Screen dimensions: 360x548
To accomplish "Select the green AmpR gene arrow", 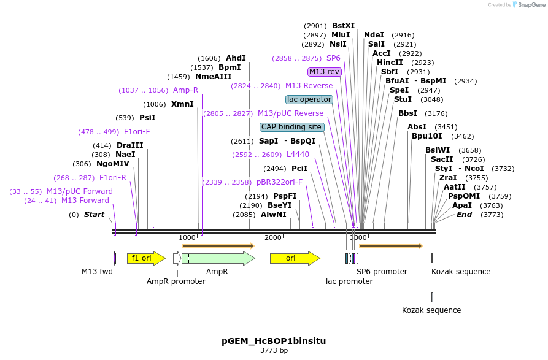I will pyautogui.click(x=218, y=258).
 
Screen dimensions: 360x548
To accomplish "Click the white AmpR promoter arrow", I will pyautogui.click(x=177, y=258).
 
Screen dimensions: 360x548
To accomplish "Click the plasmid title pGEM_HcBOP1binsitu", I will pyautogui.click(x=274, y=340).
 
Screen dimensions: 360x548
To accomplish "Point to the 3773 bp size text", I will pyautogui.click(x=274, y=351).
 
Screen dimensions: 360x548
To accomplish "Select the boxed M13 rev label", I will pyautogui.click(x=325, y=72).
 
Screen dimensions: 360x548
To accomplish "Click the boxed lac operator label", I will pyautogui.click(x=309, y=99).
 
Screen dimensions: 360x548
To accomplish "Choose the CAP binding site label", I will pyautogui.click(x=291, y=127).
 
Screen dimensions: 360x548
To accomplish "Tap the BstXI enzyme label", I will pyautogui.click(x=343, y=26).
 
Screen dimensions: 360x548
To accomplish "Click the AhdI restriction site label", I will pyautogui.click(x=236, y=58).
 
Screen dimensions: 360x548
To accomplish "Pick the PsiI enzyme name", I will pyautogui.click(x=147, y=118).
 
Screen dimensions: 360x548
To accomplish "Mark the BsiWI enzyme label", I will pyautogui.click(x=438, y=150).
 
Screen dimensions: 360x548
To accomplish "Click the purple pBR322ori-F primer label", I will pyautogui.click(x=280, y=182).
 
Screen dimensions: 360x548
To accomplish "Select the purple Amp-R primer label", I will pyautogui.click(x=185, y=90).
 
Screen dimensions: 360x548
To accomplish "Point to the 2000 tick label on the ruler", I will pyautogui.click(x=273, y=237).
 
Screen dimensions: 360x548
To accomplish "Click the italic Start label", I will pyautogui.click(x=94, y=215).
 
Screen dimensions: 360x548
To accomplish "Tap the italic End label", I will pyautogui.click(x=464, y=215).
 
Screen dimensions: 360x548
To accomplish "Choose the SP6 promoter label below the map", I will pyautogui.click(x=382, y=272).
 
